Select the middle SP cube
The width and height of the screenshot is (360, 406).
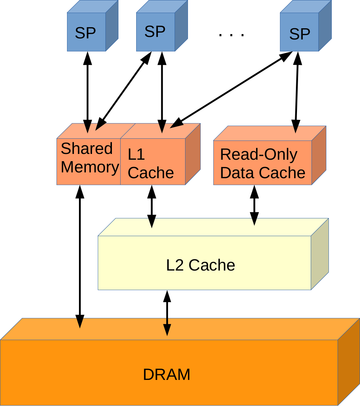pos(155,32)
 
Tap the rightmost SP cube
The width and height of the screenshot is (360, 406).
pos(300,33)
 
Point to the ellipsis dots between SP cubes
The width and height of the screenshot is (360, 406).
pos(231,35)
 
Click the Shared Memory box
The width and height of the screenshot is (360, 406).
pos(89,161)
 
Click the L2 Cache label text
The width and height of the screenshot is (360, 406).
pos(201,265)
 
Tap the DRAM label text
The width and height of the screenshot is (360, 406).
pos(167,374)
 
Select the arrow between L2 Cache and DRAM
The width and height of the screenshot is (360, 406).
pos(167,312)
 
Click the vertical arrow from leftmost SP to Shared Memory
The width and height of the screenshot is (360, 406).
pos(88,92)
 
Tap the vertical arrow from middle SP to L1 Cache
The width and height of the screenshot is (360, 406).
pos(162,92)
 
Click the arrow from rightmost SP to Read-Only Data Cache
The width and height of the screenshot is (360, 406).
pos(297,92)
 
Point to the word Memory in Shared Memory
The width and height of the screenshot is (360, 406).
pos(90,167)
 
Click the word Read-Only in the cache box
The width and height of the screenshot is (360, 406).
pos(259,155)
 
